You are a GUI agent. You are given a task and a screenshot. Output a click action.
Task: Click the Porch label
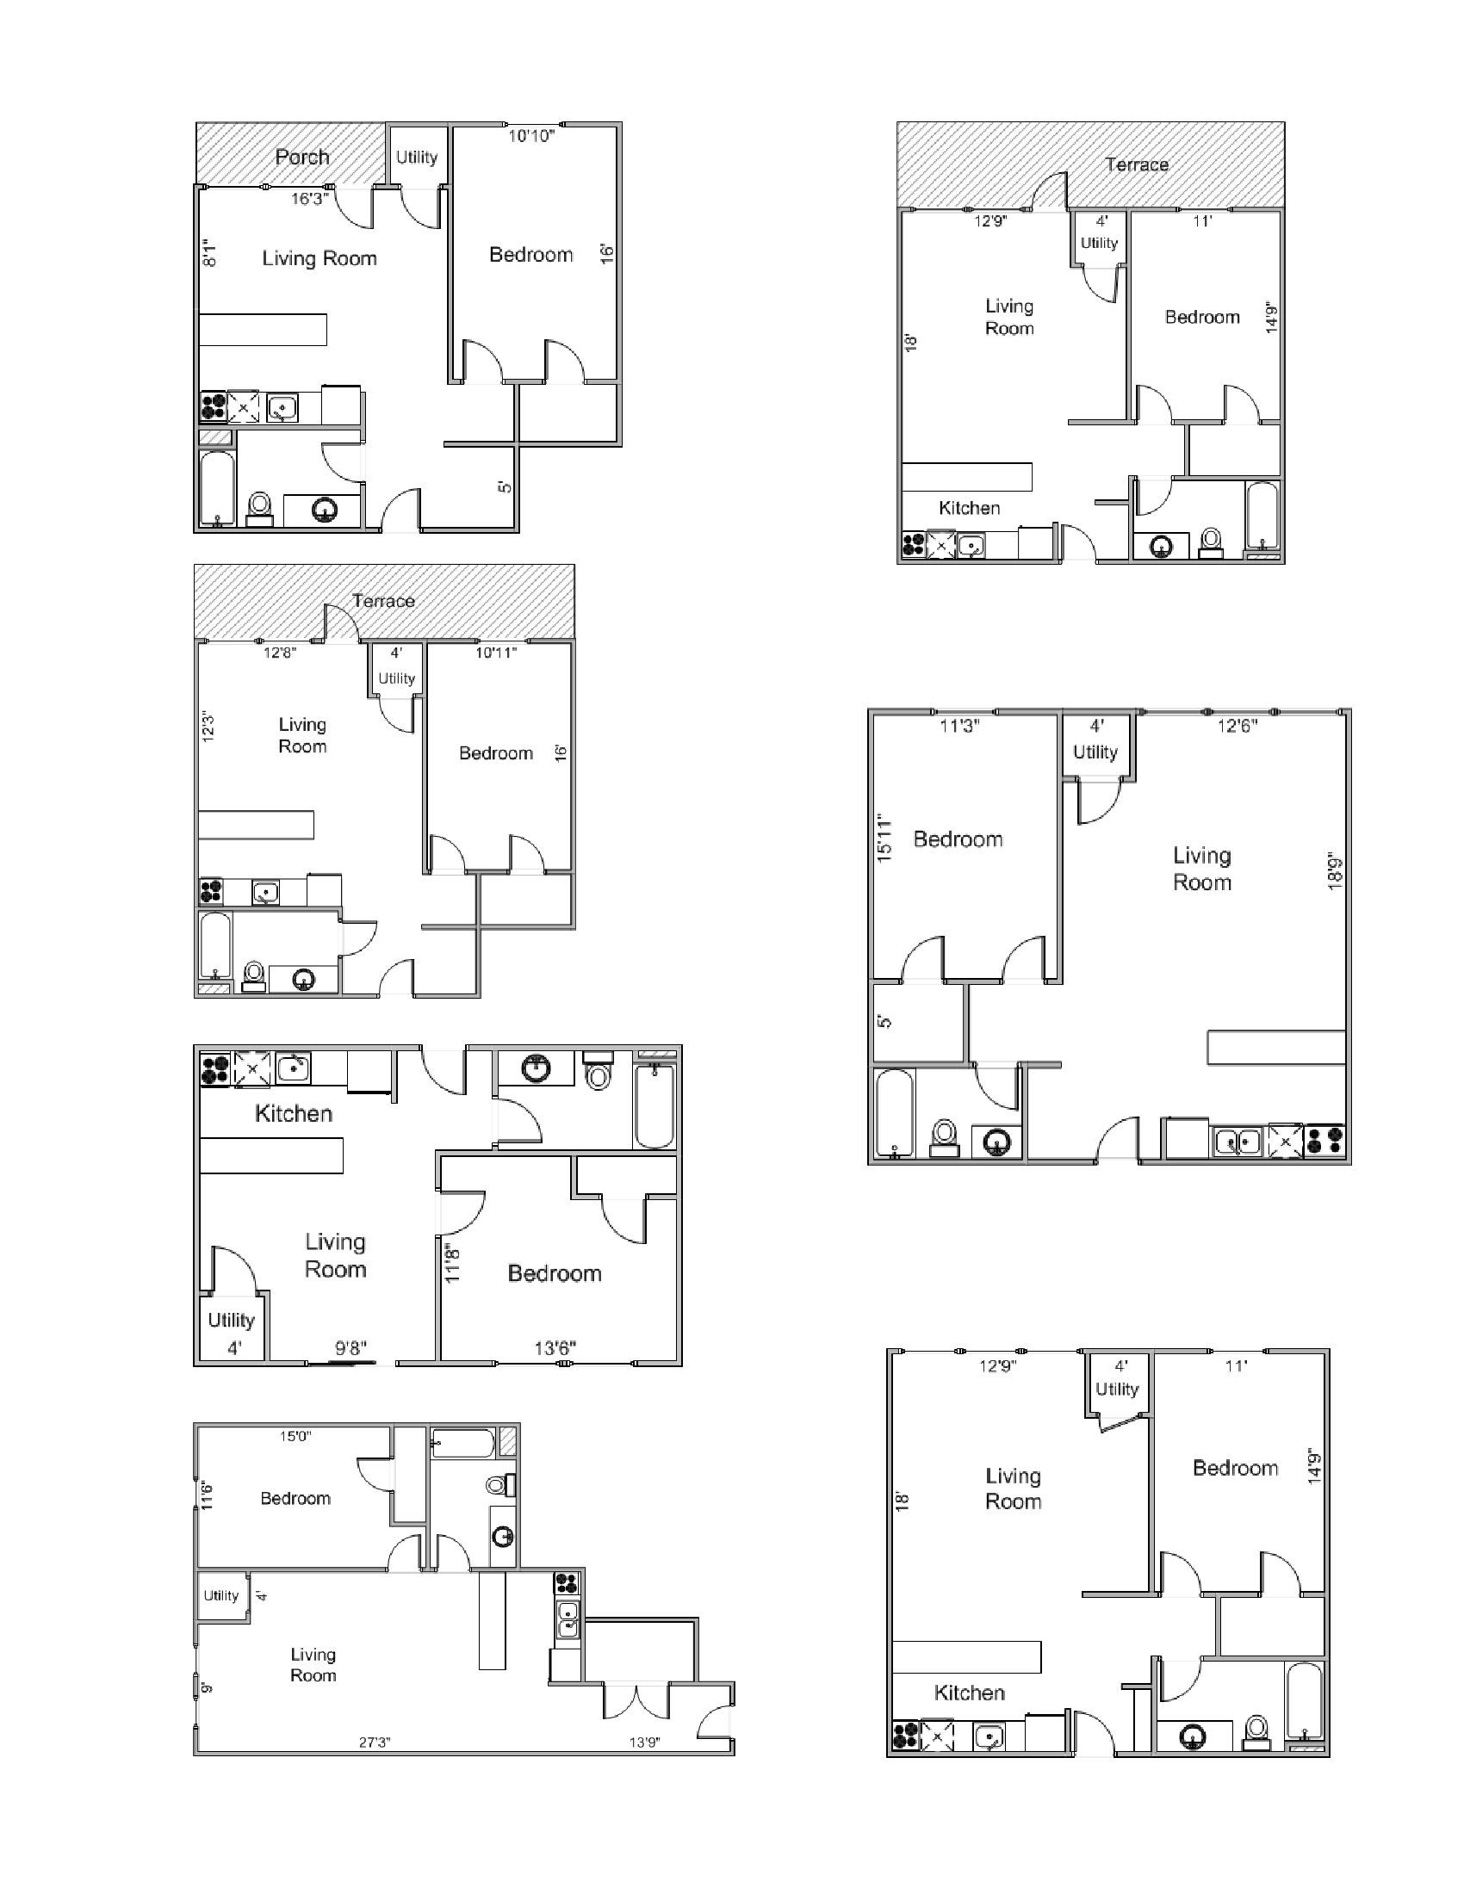click(301, 157)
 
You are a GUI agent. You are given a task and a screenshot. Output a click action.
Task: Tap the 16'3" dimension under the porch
click(309, 199)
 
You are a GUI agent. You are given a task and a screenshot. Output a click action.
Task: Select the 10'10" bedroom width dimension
click(530, 136)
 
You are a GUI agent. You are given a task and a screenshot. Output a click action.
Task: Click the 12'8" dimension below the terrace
click(279, 653)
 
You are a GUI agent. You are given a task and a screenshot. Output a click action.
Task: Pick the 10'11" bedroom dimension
click(495, 653)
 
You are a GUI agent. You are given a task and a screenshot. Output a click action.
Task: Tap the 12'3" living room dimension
click(208, 727)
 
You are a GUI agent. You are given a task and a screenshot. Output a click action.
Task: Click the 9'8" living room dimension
click(350, 1347)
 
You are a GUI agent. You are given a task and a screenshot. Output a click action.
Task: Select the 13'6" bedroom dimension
click(555, 1347)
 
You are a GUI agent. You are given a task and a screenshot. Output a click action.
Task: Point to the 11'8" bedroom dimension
click(452, 1264)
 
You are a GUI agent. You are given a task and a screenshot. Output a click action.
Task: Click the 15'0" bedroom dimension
click(295, 1436)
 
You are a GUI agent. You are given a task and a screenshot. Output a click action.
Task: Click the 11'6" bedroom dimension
click(207, 1495)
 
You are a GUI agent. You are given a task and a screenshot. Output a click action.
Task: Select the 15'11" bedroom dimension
click(884, 837)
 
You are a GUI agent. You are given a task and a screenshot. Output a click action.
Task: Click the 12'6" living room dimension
click(1237, 726)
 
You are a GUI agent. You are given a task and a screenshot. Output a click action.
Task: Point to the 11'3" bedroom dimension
click(959, 726)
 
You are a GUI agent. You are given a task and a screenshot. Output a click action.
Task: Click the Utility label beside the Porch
click(416, 157)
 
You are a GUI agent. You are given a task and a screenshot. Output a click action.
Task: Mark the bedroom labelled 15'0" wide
click(295, 1499)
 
